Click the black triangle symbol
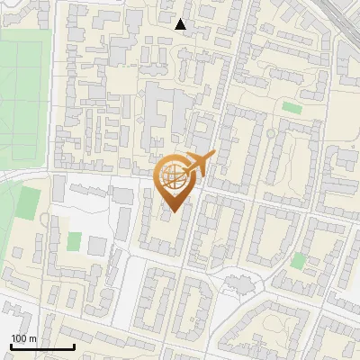[x=181, y=24]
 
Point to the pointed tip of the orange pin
[x=173, y=211]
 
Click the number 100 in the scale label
[x=18, y=338]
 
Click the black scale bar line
[x=42, y=346]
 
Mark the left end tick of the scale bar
[x=11, y=345]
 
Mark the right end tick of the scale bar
[x=74, y=345]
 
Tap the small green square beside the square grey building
[x=74, y=242]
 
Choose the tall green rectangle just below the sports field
[x=30, y=206]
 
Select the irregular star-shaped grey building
[x=239, y=283]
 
